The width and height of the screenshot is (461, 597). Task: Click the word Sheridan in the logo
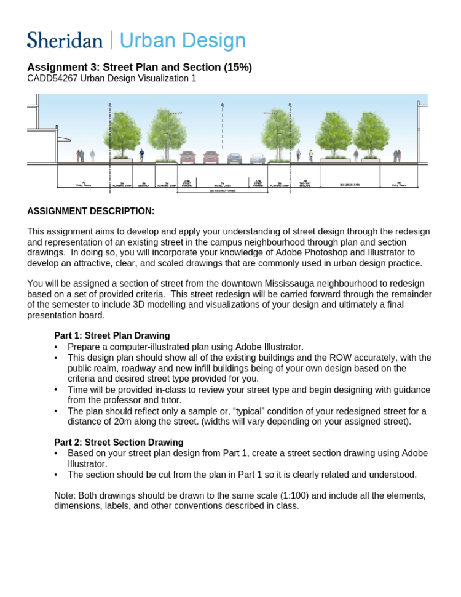coord(65,41)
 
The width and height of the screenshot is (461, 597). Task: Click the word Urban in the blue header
coord(143,41)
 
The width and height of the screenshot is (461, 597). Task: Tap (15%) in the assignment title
coord(237,67)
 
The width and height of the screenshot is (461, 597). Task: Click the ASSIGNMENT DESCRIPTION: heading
coord(90,211)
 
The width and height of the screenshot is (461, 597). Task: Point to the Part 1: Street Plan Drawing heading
coord(112,335)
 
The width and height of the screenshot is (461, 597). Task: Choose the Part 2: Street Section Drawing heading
coord(119,443)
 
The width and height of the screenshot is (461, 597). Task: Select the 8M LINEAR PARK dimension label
coord(350,185)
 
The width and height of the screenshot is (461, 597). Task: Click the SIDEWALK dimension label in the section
coord(143,185)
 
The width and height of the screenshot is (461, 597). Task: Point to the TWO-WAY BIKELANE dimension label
coord(305,184)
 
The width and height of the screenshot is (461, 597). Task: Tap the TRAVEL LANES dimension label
coord(223,185)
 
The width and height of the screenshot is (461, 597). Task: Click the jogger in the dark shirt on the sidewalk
coord(141,154)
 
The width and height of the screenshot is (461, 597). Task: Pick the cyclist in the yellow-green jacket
coord(311,154)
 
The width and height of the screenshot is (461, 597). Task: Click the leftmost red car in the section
coord(187,158)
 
